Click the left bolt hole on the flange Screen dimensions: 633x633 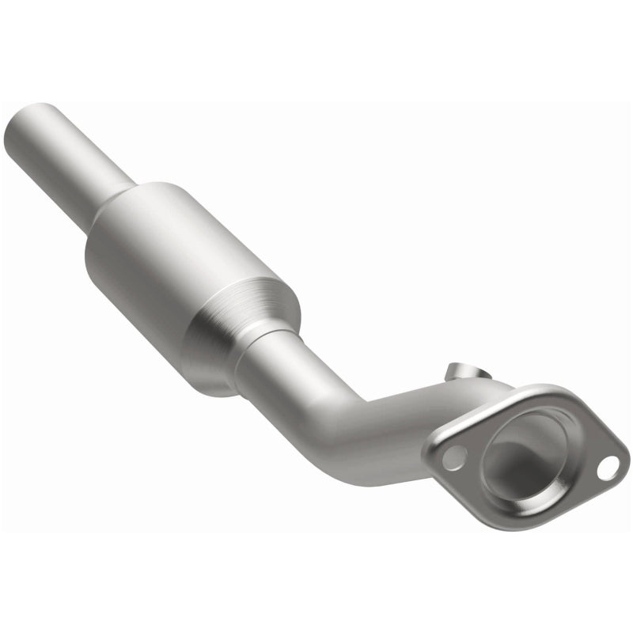coord(453,458)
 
